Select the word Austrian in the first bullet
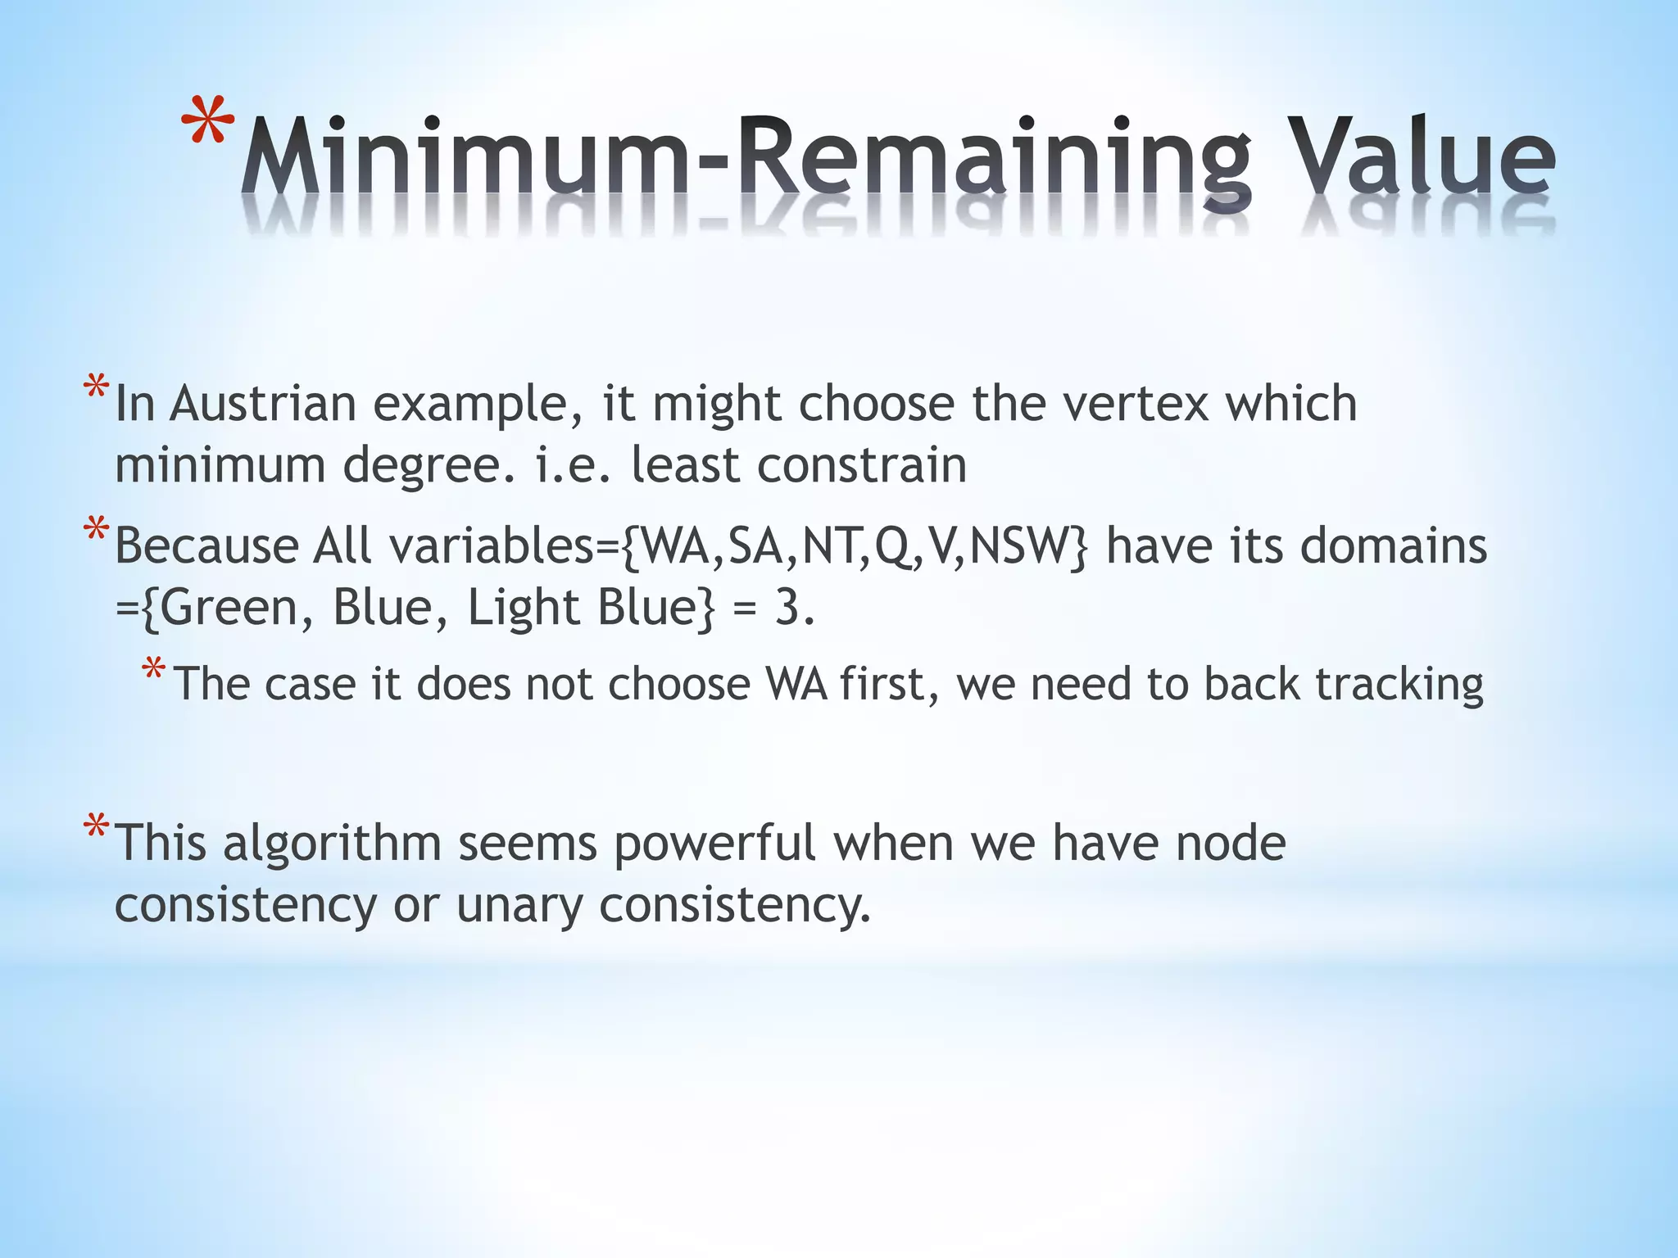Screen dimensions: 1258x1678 (x=263, y=404)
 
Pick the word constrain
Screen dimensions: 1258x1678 (x=861, y=465)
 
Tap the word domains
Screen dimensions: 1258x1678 (x=1394, y=546)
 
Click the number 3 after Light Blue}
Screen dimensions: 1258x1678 (x=787, y=608)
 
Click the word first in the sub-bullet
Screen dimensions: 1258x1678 (x=888, y=684)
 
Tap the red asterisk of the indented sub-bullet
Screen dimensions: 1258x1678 (x=153, y=670)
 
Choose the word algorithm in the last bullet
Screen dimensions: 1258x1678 (x=332, y=844)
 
